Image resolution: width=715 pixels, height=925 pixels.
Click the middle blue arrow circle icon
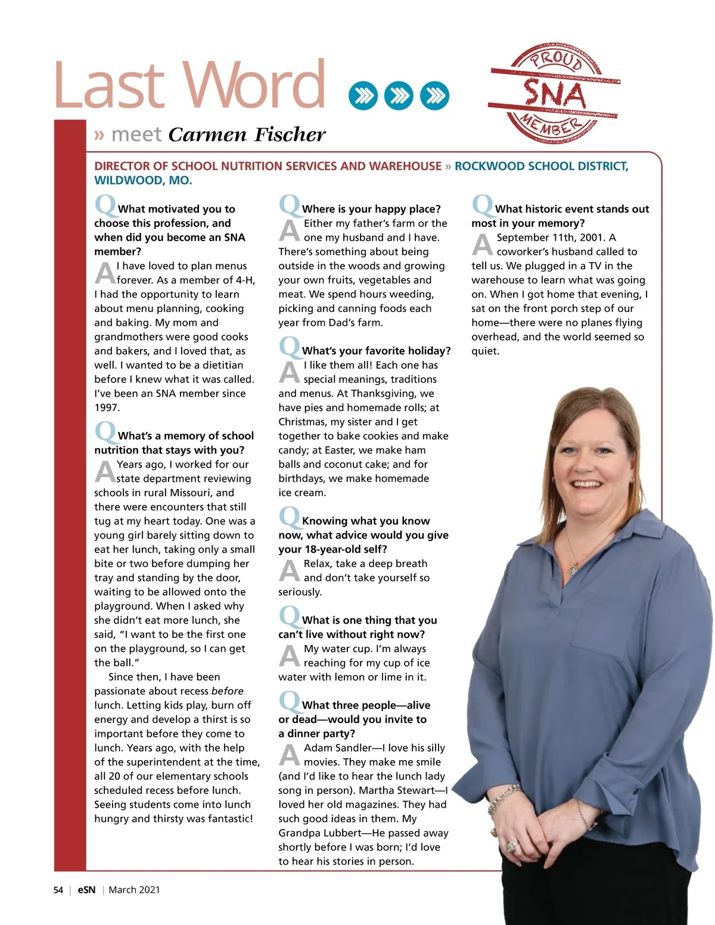point(399,95)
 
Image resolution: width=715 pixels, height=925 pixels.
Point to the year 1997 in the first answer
point(107,408)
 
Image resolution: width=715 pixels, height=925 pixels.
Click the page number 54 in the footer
point(58,890)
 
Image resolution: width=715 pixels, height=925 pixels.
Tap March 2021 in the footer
point(134,890)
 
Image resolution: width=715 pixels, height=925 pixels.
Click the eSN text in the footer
point(86,890)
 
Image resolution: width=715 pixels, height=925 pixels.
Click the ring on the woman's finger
point(510,846)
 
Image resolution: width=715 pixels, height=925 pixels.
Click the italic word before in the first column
point(227,692)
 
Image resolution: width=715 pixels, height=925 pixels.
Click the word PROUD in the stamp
point(557,60)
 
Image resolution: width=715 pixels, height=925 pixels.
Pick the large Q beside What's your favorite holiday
point(290,347)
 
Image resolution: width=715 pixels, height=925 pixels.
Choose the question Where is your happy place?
point(371,209)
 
